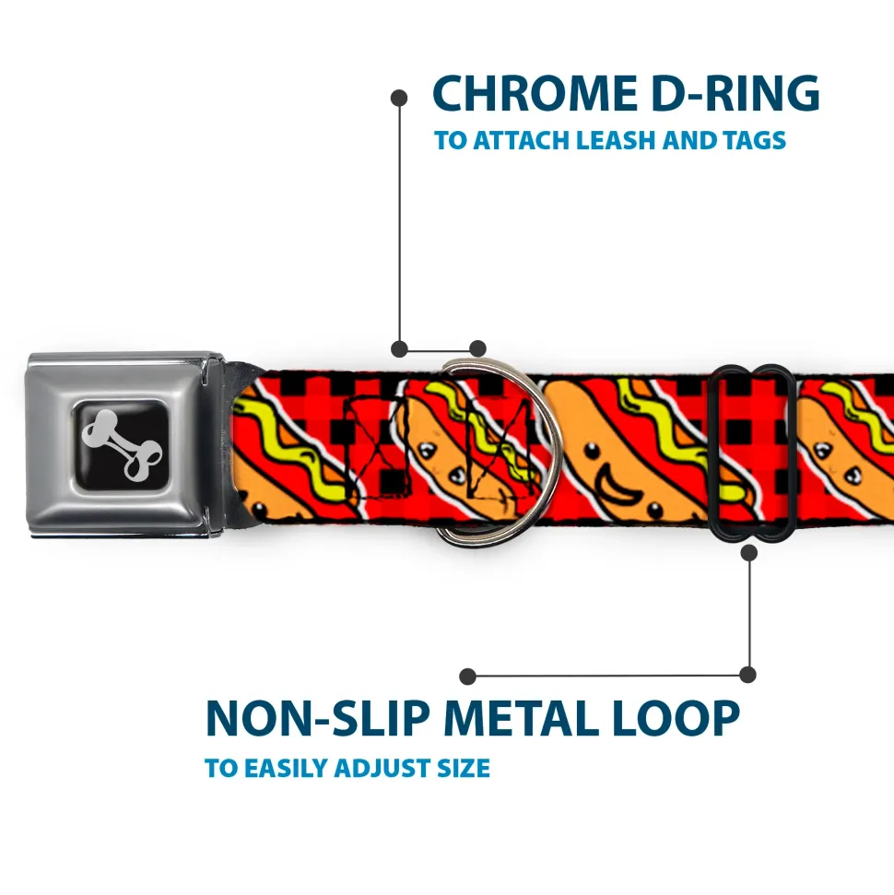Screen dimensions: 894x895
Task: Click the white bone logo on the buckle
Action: point(122,444)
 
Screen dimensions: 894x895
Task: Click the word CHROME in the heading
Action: point(535,93)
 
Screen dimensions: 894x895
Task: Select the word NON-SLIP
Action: point(317,718)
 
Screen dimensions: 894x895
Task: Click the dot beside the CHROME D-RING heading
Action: point(399,98)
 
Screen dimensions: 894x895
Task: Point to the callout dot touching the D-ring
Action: point(477,348)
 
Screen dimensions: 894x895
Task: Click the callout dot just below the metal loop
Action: point(749,552)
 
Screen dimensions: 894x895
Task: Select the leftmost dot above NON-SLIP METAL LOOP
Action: point(467,677)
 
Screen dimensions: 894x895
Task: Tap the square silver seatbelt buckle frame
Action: point(124,445)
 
